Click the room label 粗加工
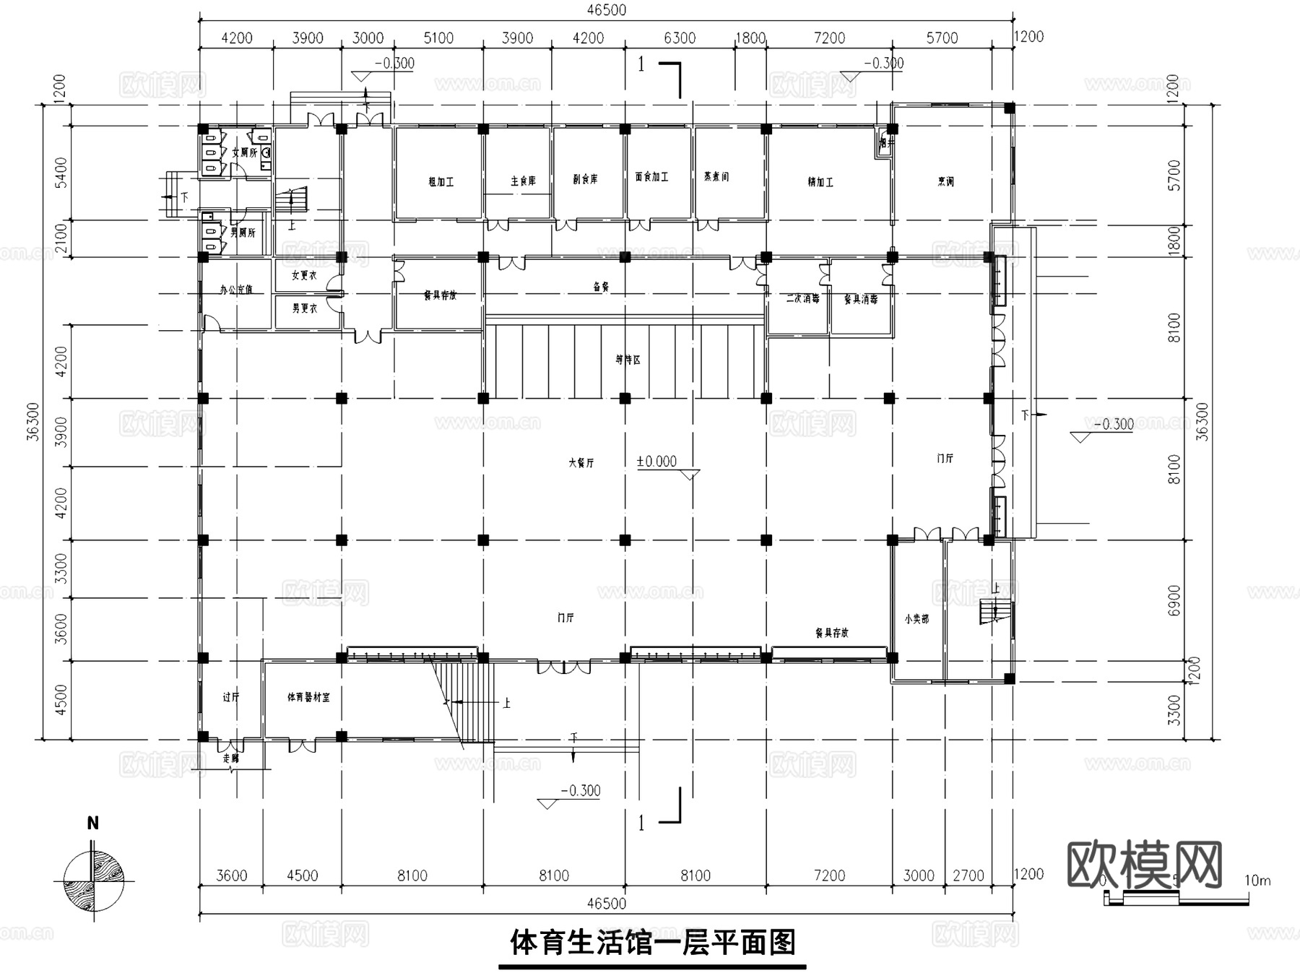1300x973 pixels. click(441, 182)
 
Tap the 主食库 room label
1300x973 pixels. click(523, 181)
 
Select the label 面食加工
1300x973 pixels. click(651, 177)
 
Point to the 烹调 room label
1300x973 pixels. click(945, 182)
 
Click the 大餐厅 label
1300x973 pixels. click(581, 463)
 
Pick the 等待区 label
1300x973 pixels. click(628, 360)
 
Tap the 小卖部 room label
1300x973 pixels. click(916, 619)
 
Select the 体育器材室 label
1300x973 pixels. click(308, 698)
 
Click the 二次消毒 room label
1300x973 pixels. click(802, 298)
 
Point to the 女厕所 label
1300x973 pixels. click(244, 153)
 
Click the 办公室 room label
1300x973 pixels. click(236, 290)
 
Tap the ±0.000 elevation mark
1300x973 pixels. click(656, 462)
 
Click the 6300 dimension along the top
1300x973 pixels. click(679, 38)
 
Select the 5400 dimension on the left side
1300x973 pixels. click(61, 173)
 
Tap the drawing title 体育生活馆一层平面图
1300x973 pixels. click(652, 943)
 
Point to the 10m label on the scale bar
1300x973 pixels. click(1257, 881)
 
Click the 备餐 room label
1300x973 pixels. click(601, 287)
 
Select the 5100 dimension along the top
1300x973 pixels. click(438, 38)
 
